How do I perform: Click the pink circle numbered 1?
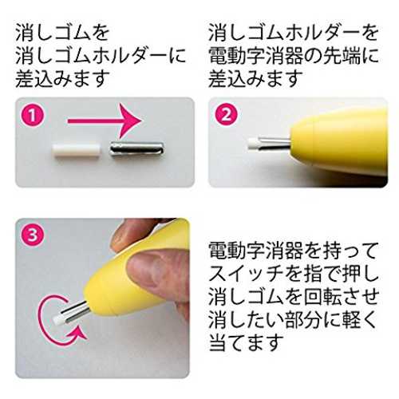click(33, 116)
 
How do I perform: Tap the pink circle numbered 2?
click(227, 116)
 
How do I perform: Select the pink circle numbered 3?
click(33, 235)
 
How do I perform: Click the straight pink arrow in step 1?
click(105, 121)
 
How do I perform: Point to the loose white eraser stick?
click(77, 151)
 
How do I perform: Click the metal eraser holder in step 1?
click(136, 152)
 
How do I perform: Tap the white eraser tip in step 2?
click(253, 143)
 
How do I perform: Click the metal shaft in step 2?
click(274, 144)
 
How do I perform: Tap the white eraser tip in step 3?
click(58, 318)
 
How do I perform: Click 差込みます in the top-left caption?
click(62, 79)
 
